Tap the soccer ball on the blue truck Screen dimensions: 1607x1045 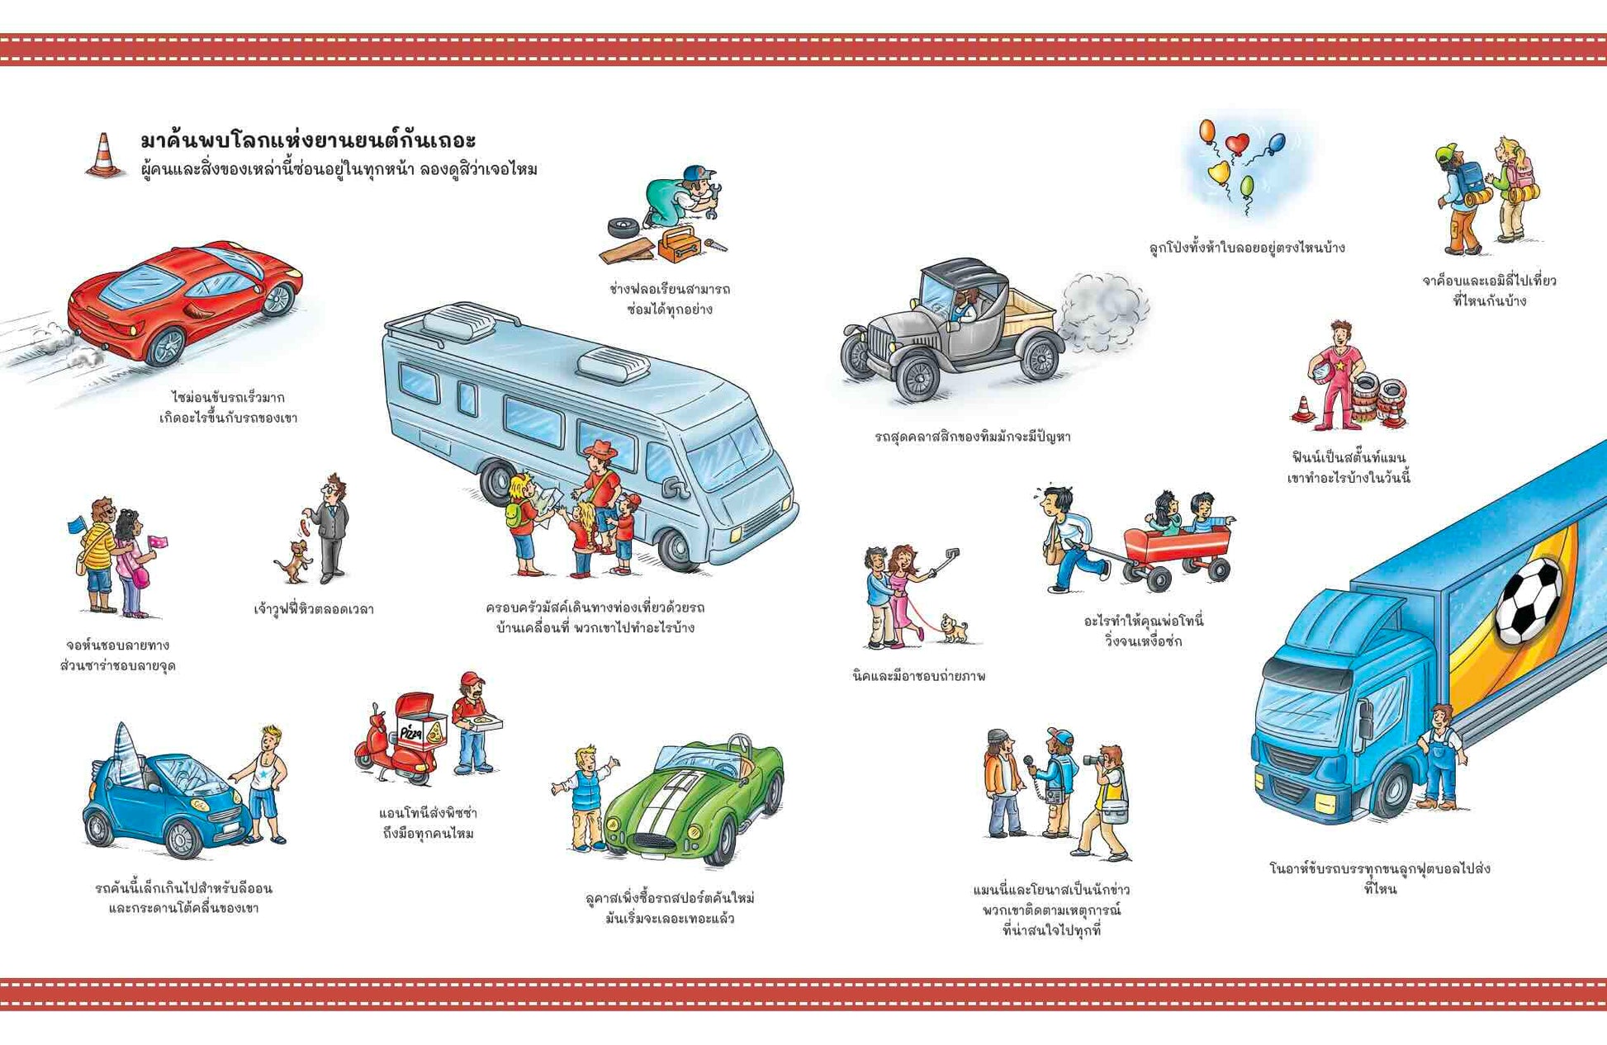pos(1529,600)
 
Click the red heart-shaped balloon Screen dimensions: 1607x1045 pos(1236,144)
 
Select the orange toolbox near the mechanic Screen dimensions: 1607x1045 pos(680,244)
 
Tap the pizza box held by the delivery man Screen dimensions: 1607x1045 pos(485,724)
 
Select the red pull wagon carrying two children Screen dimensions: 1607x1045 pos(1176,554)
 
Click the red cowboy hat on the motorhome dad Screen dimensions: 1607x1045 pos(600,452)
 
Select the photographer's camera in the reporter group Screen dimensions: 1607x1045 pos(1095,759)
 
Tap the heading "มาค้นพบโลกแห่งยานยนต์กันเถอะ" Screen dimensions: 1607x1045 pos(308,139)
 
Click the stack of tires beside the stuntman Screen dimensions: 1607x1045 pos(1379,400)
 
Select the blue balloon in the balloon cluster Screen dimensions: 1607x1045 pos(1276,144)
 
